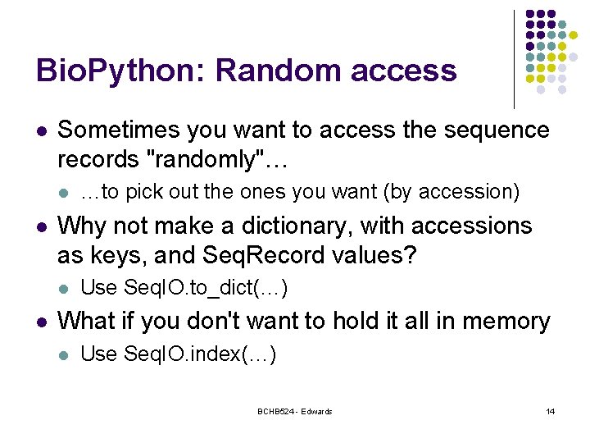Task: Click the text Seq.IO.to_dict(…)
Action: coord(184,288)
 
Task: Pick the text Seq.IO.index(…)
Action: coord(179,354)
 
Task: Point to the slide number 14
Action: coord(550,411)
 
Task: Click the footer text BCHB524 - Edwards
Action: coord(294,411)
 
